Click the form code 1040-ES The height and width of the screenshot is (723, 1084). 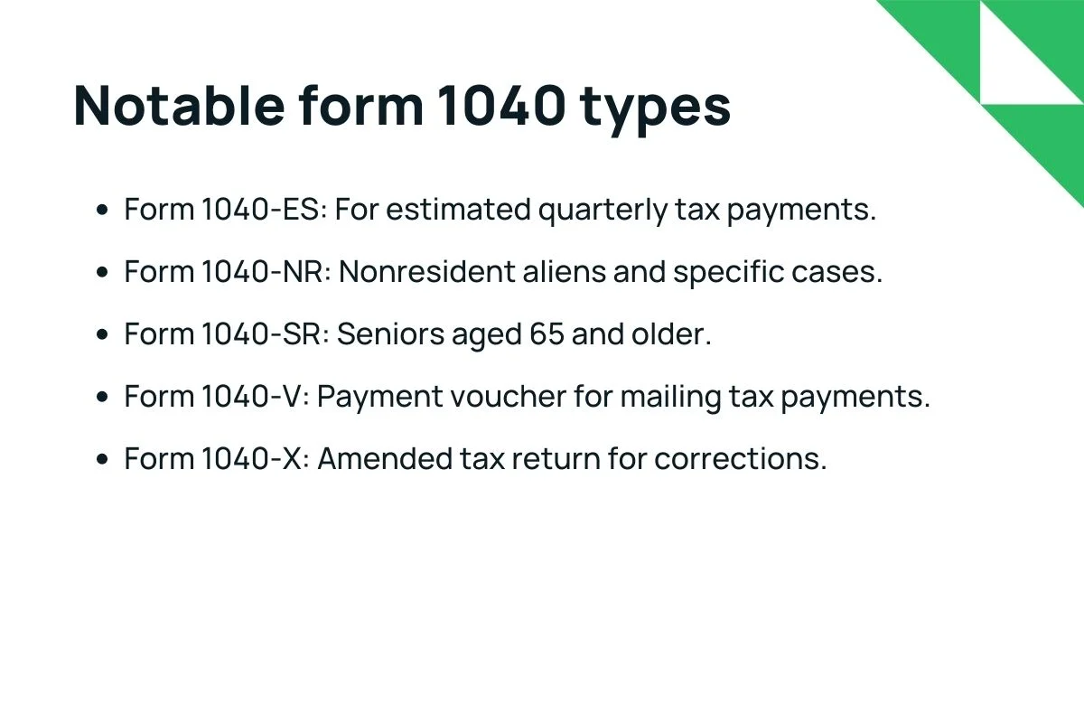point(263,210)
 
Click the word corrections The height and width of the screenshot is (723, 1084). point(740,458)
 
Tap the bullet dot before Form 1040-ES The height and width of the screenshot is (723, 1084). point(103,210)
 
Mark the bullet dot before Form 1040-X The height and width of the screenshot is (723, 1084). point(103,458)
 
